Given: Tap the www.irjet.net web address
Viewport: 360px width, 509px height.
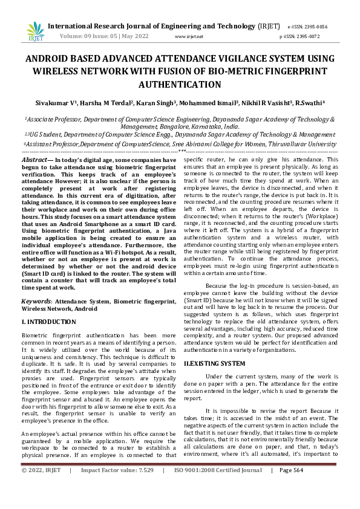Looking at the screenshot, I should [x=189, y=36].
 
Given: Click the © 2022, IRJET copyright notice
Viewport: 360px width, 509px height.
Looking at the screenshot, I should [x=41, y=487].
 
